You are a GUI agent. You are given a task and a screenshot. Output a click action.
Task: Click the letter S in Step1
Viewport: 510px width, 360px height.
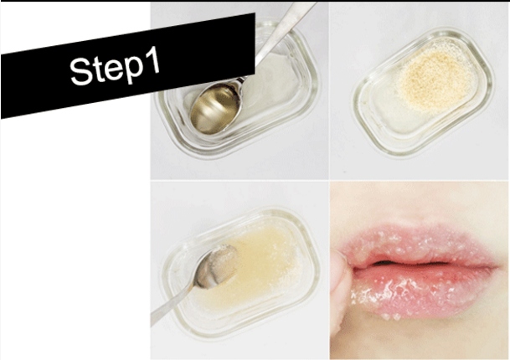(x=80, y=72)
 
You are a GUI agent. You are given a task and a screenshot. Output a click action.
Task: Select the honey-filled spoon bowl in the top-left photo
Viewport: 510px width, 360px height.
(x=216, y=107)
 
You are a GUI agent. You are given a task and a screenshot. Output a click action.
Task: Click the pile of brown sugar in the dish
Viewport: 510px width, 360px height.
(x=433, y=80)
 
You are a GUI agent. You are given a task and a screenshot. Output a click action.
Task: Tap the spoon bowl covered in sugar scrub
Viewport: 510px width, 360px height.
(x=216, y=267)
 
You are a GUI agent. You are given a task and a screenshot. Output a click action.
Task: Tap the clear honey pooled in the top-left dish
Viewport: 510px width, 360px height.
(x=273, y=85)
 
